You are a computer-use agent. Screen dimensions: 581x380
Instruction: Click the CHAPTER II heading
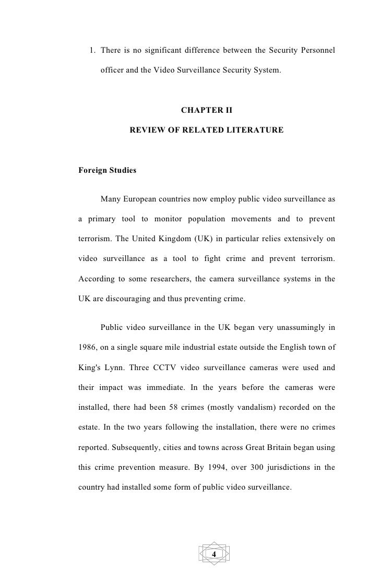(x=206, y=111)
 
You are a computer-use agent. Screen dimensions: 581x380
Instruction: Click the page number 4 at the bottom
(x=214, y=553)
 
